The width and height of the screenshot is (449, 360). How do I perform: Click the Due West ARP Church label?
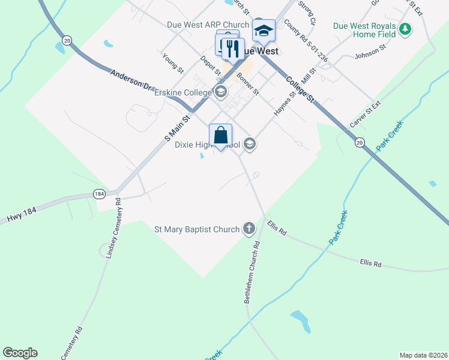[x=208, y=25]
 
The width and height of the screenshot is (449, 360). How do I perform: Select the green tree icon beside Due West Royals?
[x=406, y=28]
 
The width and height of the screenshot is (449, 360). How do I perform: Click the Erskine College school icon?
[x=220, y=92]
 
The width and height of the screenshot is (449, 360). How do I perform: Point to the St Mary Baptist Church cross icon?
[x=249, y=229]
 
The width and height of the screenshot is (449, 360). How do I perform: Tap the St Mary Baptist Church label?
[x=197, y=229]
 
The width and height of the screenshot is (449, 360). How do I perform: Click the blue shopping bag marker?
[x=220, y=135]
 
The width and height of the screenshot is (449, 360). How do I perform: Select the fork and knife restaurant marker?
[x=233, y=49]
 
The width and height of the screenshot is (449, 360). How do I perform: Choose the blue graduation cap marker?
[x=264, y=30]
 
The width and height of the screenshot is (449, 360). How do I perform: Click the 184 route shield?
[x=100, y=194]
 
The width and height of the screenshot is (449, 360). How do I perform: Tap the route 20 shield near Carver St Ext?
[x=360, y=142]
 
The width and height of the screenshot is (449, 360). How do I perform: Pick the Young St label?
[x=173, y=62]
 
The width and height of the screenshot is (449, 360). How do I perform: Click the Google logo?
[x=20, y=353]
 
